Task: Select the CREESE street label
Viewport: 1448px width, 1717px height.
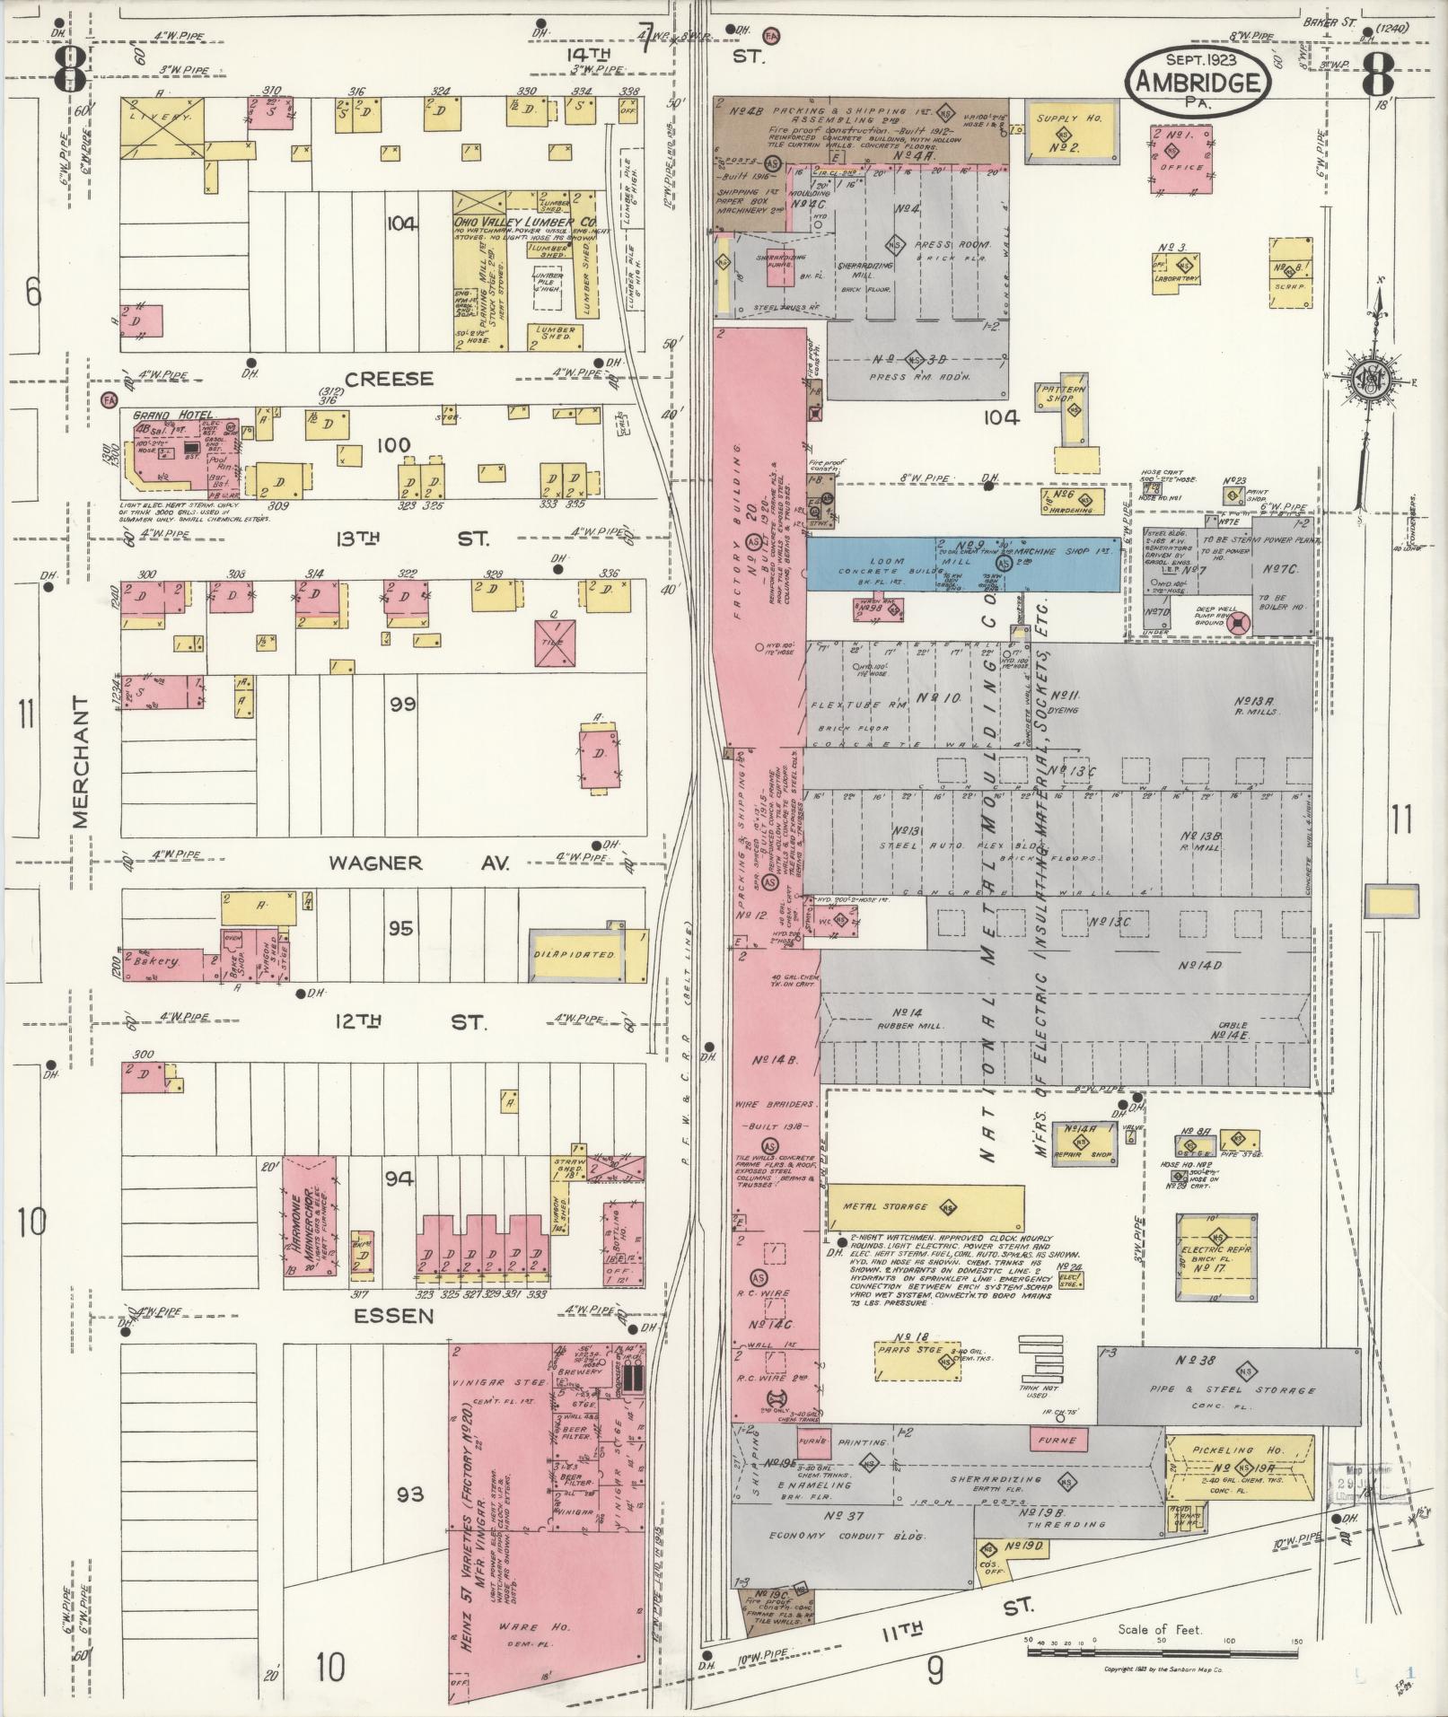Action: pos(389,379)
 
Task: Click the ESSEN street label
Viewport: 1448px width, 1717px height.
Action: pos(394,1317)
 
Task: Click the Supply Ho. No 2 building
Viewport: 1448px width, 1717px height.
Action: pos(1065,133)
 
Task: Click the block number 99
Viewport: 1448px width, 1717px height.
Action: pos(402,705)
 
